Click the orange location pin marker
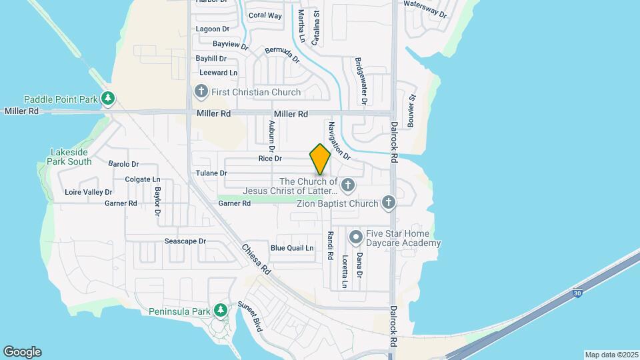click(321, 160)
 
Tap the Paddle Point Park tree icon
click(108, 99)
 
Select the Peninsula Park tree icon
click(220, 310)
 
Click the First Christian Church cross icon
click(201, 91)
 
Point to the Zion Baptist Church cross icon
click(389, 203)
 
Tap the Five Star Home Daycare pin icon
click(356, 237)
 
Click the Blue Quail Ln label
click(292, 248)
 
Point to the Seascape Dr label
click(185, 241)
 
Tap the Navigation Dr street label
click(339, 140)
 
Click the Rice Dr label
click(271, 159)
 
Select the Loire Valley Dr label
click(89, 192)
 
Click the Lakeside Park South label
click(71, 157)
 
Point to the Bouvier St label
click(411, 111)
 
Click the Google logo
click(22, 352)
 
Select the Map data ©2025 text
click(611, 355)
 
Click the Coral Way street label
click(265, 15)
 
